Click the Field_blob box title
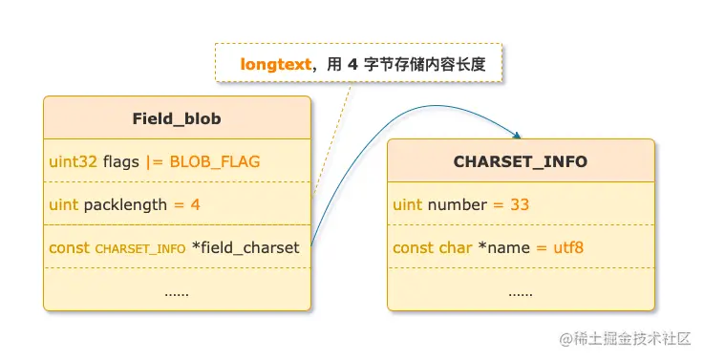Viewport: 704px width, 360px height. [x=177, y=118]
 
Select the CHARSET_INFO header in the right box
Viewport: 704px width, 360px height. [x=521, y=161]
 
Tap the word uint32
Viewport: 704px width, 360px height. [x=73, y=161]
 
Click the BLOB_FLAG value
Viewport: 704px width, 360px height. [x=215, y=161]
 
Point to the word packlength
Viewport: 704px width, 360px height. [x=125, y=205]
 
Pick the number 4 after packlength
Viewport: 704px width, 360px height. [x=195, y=204]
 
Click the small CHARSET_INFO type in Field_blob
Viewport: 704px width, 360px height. [x=140, y=248]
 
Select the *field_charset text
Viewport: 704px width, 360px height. [x=245, y=247]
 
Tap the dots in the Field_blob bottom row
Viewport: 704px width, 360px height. [x=177, y=294]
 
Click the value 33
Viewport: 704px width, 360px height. [x=520, y=204]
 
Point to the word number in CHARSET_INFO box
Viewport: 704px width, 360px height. [x=457, y=204]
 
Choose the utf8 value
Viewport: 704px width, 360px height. [x=568, y=247]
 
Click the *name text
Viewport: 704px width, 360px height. [x=503, y=247]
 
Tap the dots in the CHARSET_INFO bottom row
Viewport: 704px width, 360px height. [x=521, y=294]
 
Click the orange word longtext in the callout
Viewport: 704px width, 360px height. [x=276, y=64]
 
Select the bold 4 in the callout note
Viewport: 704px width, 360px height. [x=352, y=64]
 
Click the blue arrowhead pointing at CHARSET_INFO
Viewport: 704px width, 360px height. [x=517, y=135]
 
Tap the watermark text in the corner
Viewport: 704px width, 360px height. [x=625, y=339]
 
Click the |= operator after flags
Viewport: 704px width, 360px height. [x=154, y=161]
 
